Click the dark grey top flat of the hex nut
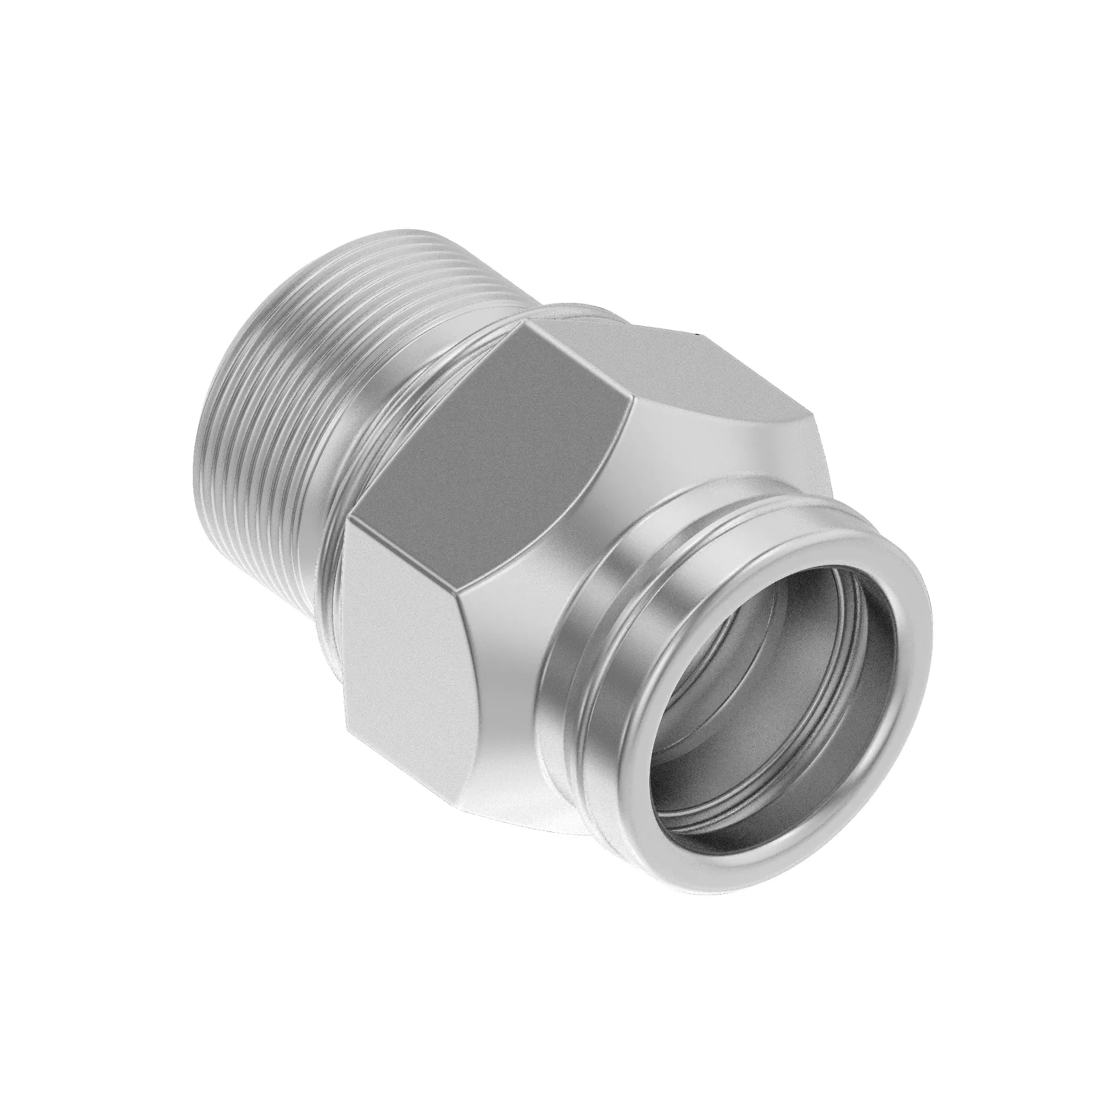[503, 435]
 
